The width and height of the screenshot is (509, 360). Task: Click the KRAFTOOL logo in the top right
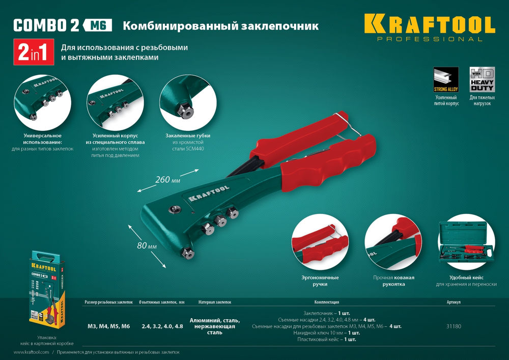click(429, 25)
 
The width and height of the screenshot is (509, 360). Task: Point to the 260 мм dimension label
click(168, 179)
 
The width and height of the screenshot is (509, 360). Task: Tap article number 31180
click(454, 326)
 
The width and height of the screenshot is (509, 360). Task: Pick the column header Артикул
click(453, 302)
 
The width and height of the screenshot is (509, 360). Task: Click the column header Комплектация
click(327, 302)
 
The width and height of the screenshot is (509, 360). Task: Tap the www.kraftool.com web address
click(29, 352)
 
